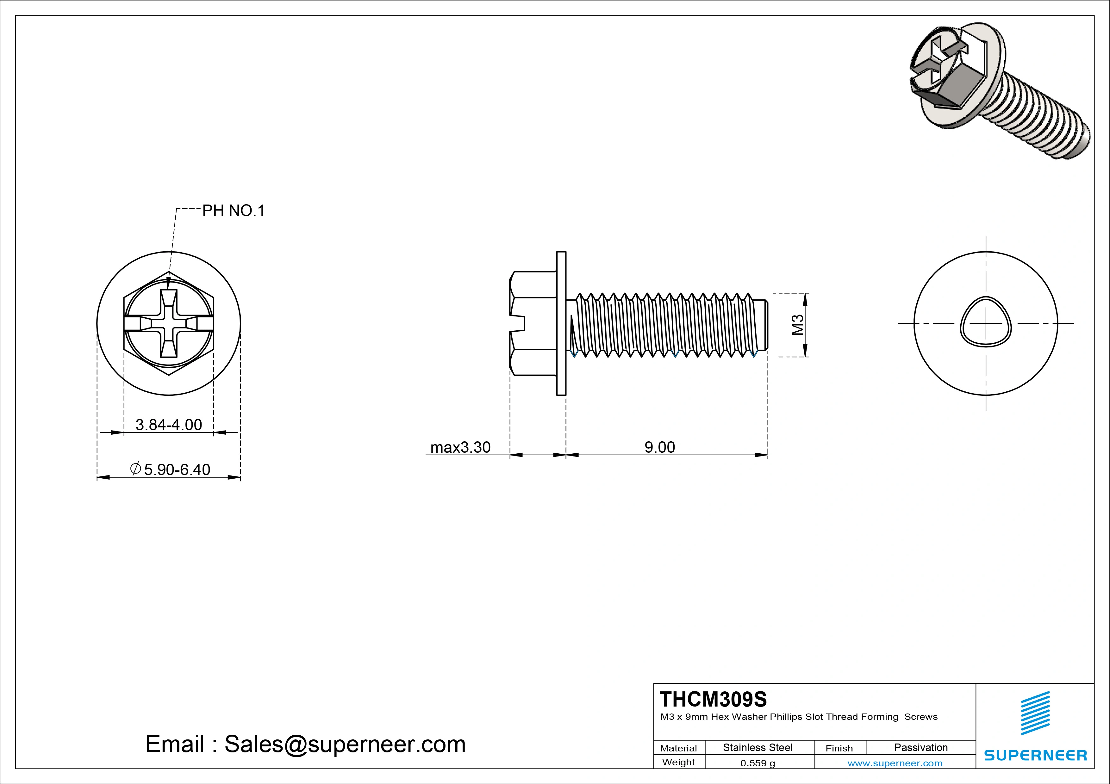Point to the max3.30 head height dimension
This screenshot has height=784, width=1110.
(460, 447)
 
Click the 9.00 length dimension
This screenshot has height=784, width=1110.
(659, 447)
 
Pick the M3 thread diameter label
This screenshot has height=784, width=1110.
(797, 325)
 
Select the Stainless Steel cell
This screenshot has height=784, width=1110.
(758, 747)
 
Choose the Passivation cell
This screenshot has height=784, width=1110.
(920, 747)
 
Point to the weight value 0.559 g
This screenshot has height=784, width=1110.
(758, 763)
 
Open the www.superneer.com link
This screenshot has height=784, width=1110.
(895, 763)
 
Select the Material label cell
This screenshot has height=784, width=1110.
(678, 748)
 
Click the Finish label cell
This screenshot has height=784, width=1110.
(839, 748)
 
